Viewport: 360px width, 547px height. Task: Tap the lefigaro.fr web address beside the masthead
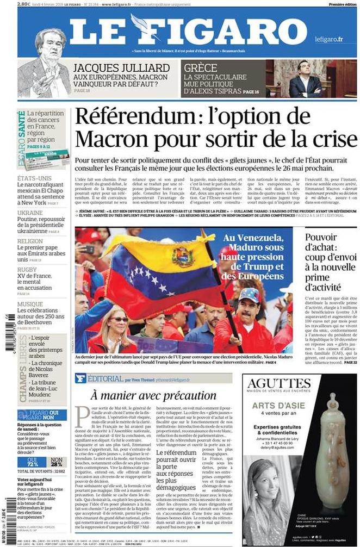pyautogui.click(x=328, y=39)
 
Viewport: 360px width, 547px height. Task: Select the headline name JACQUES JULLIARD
pyautogui.click(x=121, y=68)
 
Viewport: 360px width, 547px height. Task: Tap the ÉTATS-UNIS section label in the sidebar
pyautogui.click(x=34, y=178)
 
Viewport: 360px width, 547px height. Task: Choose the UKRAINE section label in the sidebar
pyautogui.click(x=30, y=213)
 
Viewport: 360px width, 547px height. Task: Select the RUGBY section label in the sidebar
pyautogui.click(x=27, y=269)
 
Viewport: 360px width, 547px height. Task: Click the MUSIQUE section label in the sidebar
pyautogui.click(x=30, y=304)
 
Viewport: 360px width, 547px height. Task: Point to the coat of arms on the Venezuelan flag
pyautogui.click(x=183, y=256)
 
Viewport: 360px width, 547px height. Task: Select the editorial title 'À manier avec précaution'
pyautogui.click(x=146, y=395)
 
